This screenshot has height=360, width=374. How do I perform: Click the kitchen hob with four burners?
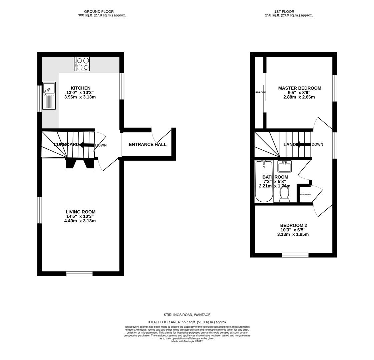click(82, 64)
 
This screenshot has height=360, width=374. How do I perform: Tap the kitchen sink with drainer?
click(49, 96)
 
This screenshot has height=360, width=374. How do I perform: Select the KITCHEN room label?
click(80, 88)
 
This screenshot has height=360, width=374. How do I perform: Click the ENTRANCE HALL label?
click(147, 144)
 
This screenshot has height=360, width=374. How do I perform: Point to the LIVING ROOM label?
click(80, 212)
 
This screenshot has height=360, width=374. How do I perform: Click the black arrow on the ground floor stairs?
click(86, 145)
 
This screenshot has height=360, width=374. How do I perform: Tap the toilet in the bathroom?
click(284, 194)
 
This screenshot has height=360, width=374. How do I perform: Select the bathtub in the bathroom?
click(264, 181)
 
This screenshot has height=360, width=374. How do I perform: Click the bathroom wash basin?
click(284, 166)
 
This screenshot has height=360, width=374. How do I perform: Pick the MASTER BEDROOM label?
click(300, 88)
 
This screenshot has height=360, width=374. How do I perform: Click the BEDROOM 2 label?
click(293, 225)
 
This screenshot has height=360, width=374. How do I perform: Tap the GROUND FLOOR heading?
click(99, 11)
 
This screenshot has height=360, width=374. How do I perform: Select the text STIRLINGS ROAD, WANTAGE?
click(187, 315)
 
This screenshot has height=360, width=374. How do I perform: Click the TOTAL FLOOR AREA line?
click(187, 322)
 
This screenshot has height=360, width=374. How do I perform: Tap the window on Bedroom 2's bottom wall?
click(295, 255)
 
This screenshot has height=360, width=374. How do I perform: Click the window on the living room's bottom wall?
click(79, 274)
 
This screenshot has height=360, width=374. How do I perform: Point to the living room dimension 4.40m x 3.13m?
click(80, 221)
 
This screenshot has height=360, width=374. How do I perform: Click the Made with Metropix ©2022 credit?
click(187, 341)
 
